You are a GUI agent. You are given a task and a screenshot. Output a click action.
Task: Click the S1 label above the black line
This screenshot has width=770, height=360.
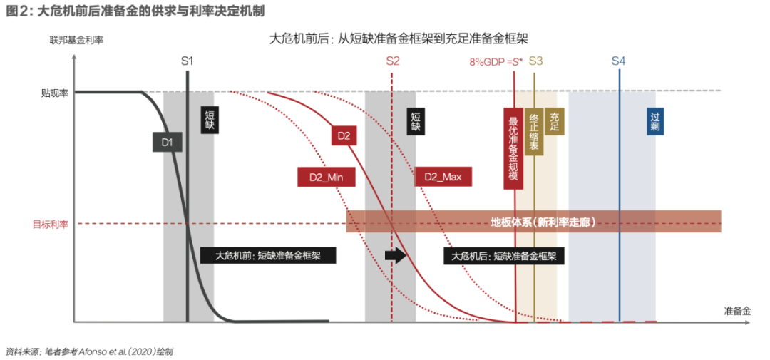187,61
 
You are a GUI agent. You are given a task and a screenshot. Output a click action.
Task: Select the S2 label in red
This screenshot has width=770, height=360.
393,61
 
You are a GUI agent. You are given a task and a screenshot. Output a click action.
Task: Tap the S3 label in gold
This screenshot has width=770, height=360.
535,61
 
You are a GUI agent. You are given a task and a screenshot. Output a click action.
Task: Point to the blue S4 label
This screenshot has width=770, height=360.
618,61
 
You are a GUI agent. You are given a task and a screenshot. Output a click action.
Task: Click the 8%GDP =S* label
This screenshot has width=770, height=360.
496,62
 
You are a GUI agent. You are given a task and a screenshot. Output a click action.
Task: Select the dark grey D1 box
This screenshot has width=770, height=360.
167,143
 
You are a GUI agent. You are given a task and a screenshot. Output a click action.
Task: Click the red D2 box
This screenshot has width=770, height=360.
344,135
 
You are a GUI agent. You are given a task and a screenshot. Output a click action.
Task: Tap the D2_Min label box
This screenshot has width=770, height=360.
326,177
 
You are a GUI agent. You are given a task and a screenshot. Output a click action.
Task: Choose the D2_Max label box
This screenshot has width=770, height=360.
443,177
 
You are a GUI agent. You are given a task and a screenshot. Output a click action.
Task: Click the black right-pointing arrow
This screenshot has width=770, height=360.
394,255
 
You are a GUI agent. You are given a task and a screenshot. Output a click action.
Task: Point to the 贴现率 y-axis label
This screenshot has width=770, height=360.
55,92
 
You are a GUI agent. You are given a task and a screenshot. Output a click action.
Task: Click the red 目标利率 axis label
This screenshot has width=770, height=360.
50,224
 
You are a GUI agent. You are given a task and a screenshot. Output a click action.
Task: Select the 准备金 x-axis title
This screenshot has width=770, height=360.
737,311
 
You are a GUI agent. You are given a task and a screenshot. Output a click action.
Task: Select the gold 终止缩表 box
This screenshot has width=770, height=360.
534,133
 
